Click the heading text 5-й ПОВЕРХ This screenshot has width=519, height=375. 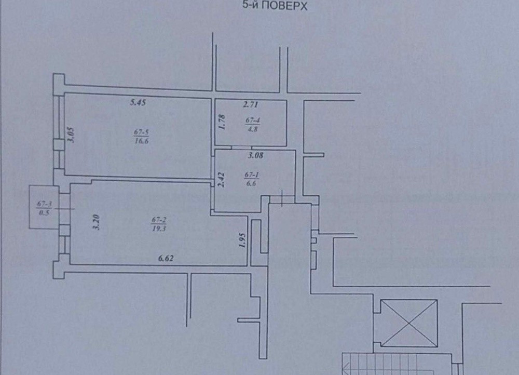coord(275,6)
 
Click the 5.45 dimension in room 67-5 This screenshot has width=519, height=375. coord(138,102)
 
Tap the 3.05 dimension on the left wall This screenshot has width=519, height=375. coord(71,135)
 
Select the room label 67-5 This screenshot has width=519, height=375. coord(141,132)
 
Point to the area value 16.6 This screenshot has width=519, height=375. coord(141,140)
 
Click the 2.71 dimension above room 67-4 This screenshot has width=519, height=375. coord(251,105)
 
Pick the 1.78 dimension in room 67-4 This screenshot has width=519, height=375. coord(222,122)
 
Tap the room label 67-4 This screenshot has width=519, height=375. coord(252,120)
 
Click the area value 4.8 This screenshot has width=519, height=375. coord(252,129)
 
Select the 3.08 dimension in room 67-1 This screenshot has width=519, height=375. coord(255,155)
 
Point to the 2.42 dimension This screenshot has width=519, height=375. coord(221,179)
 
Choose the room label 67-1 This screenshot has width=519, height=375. coord(252,175)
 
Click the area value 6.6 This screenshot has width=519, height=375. coord(252,183)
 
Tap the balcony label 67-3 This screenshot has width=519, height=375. coord(44,205)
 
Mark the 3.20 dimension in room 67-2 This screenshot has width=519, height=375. coord(97,222)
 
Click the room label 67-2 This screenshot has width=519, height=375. coord(159,220)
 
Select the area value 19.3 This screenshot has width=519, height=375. coord(159,228)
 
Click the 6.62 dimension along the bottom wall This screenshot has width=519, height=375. coord(166,258)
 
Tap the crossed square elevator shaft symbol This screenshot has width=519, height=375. coord(409,323)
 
